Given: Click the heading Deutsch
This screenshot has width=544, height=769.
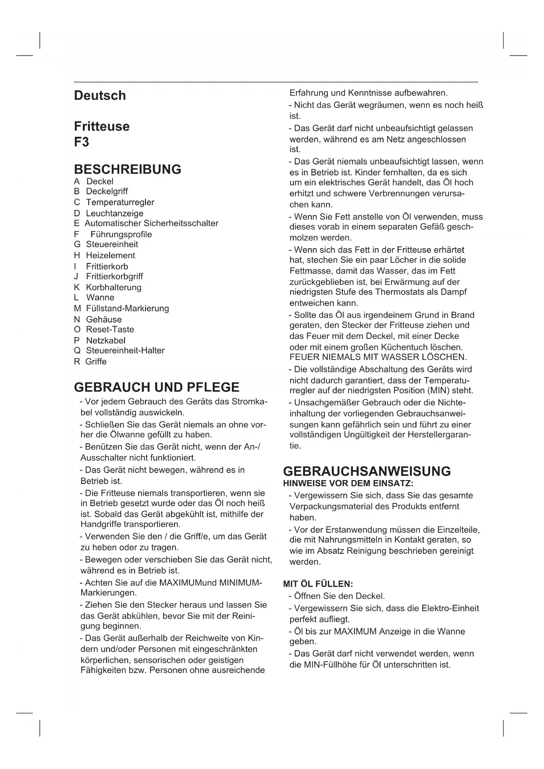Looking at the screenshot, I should tap(100, 96).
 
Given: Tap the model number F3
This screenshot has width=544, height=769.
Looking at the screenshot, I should tap(82, 142).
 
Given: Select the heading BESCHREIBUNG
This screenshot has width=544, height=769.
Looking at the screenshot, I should tap(128, 169).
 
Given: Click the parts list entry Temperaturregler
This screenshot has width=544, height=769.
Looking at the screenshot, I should tap(120, 202).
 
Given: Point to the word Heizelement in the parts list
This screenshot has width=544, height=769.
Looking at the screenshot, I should tap(110, 255).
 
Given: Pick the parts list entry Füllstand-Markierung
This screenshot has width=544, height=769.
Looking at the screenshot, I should tap(127, 308).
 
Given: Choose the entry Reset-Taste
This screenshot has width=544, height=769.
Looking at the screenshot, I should tap(110, 329).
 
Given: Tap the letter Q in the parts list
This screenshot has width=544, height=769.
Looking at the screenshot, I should tap(77, 350).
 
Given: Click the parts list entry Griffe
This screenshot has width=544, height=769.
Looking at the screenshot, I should tap(96, 361).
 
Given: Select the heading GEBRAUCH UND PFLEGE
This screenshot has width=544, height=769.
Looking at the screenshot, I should tap(157, 388).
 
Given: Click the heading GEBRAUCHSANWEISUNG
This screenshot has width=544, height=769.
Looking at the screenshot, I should tap(367, 471).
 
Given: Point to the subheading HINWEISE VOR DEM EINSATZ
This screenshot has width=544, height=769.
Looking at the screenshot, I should tap(348, 484).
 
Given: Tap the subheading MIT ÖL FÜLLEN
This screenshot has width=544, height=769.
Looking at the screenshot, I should tap(318, 584).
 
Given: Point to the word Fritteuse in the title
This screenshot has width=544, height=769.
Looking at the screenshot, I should tap(102, 126).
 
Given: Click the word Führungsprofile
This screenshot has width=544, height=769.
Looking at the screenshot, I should tap(121, 234).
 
